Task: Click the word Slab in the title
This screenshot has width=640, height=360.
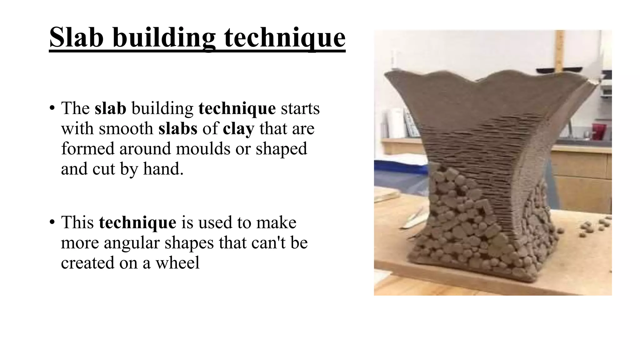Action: (x=76, y=37)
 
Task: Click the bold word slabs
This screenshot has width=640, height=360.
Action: (x=178, y=128)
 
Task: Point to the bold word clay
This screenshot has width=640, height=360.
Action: (x=238, y=128)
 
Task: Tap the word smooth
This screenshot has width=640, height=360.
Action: (x=126, y=128)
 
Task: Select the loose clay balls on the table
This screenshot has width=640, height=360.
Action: (x=594, y=227)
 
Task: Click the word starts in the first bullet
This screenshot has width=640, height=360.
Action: (x=300, y=108)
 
